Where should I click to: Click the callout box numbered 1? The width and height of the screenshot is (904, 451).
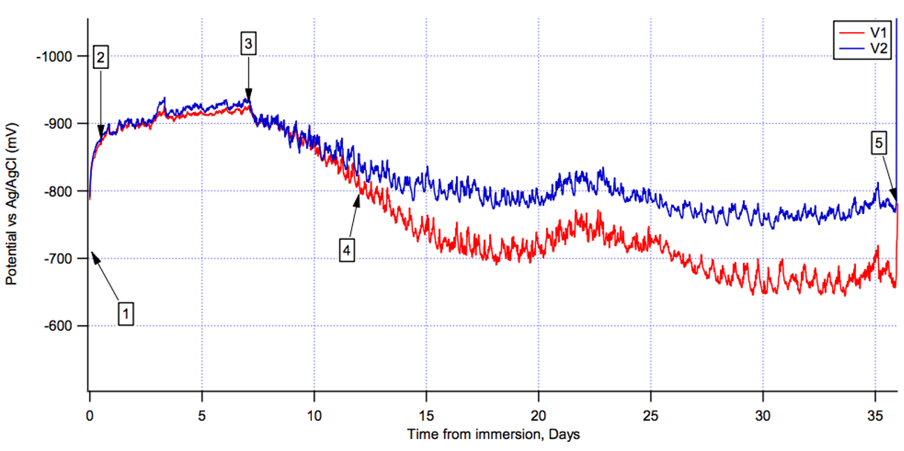[x=126, y=313]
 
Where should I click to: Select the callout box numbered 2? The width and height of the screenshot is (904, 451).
[x=101, y=58]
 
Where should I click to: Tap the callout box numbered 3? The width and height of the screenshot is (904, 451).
[x=248, y=43]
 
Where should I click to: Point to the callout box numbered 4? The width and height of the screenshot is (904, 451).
[x=347, y=248]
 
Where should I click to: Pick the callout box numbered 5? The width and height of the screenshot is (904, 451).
[x=879, y=144]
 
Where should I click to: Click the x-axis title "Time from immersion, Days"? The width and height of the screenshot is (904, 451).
[x=493, y=434]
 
